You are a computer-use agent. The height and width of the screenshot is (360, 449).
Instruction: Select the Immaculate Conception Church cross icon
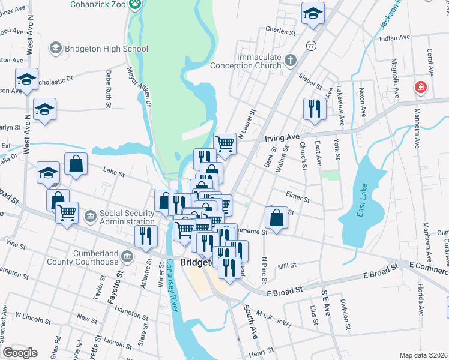click(291, 60)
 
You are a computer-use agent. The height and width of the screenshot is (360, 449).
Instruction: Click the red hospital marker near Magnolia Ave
click(422, 87)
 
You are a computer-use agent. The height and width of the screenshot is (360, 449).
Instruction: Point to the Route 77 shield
click(310, 46)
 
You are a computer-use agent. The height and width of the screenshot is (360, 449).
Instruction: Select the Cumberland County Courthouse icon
click(127, 257)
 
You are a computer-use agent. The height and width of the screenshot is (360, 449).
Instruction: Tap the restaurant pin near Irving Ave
click(315, 108)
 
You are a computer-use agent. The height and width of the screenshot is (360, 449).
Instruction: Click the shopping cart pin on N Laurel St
click(225, 142)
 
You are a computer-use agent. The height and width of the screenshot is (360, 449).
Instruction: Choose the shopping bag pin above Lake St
click(76, 163)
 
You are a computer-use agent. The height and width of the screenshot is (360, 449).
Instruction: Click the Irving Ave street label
click(283, 137)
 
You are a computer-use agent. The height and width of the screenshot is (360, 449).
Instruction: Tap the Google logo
click(20, 353)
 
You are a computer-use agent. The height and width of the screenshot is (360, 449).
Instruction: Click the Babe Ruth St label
click(109, 89)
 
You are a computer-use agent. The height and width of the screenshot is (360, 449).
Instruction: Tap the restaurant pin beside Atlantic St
click(146, 235)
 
